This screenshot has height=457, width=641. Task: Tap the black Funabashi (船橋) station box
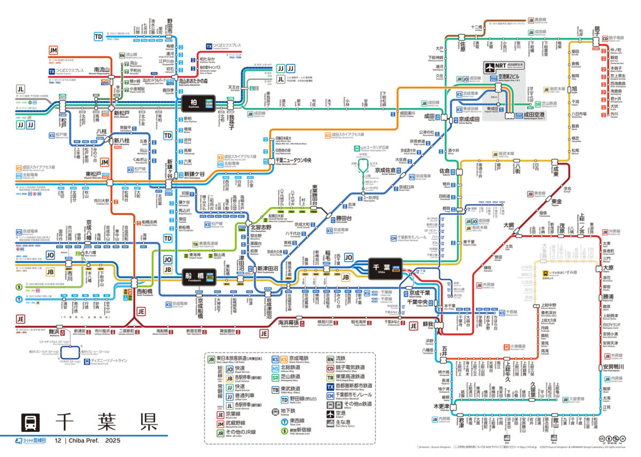click(x=199, y=277)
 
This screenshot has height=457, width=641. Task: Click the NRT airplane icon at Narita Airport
click(x=490, y=68)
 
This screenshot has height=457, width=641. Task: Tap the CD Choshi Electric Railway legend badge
click(x=330, y=368)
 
